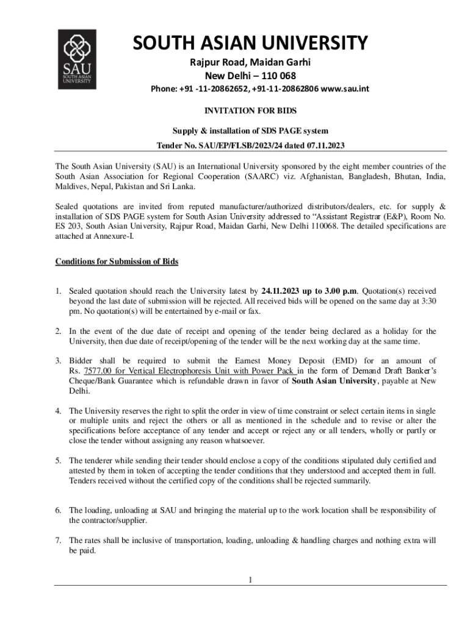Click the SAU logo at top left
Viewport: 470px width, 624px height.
tap(77, 59)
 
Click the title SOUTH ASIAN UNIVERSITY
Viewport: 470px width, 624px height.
tap(250, 44)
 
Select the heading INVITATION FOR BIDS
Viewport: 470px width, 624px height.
tap(250, 112)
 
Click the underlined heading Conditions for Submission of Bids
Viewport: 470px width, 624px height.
tap(117, 261)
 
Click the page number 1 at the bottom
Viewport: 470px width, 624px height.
tap(250, 579)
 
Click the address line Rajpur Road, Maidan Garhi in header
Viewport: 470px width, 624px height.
tap(250, 62)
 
